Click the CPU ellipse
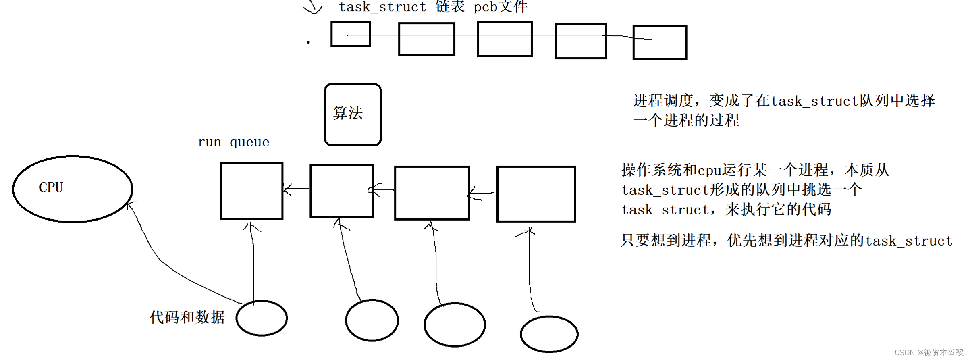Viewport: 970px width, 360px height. coord(73,189)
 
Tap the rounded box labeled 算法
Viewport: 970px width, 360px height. coord(353,114)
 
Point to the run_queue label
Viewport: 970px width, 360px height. coord(233,142)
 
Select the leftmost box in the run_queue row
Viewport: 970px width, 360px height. coord(251,191)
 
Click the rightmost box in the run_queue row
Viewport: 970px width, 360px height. coord(536,194)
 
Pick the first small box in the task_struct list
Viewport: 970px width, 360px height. coord(350,34)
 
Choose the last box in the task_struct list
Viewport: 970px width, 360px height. coord(660,42)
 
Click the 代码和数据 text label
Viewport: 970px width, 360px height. coord(187,317)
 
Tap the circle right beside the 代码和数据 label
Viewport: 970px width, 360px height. coord(262,318)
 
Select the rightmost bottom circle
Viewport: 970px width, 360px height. coord(549,334)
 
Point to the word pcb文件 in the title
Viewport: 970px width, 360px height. coord(500,7)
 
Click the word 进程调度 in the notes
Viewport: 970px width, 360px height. coord(663,101)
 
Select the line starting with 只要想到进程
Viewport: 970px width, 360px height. coord(786,241)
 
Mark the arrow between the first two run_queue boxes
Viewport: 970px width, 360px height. coord(296,189)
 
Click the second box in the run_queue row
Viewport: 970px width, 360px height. coord(341,191)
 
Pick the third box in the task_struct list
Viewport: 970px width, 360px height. coord(505,39)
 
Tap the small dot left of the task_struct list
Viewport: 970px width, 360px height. coord(308,42)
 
